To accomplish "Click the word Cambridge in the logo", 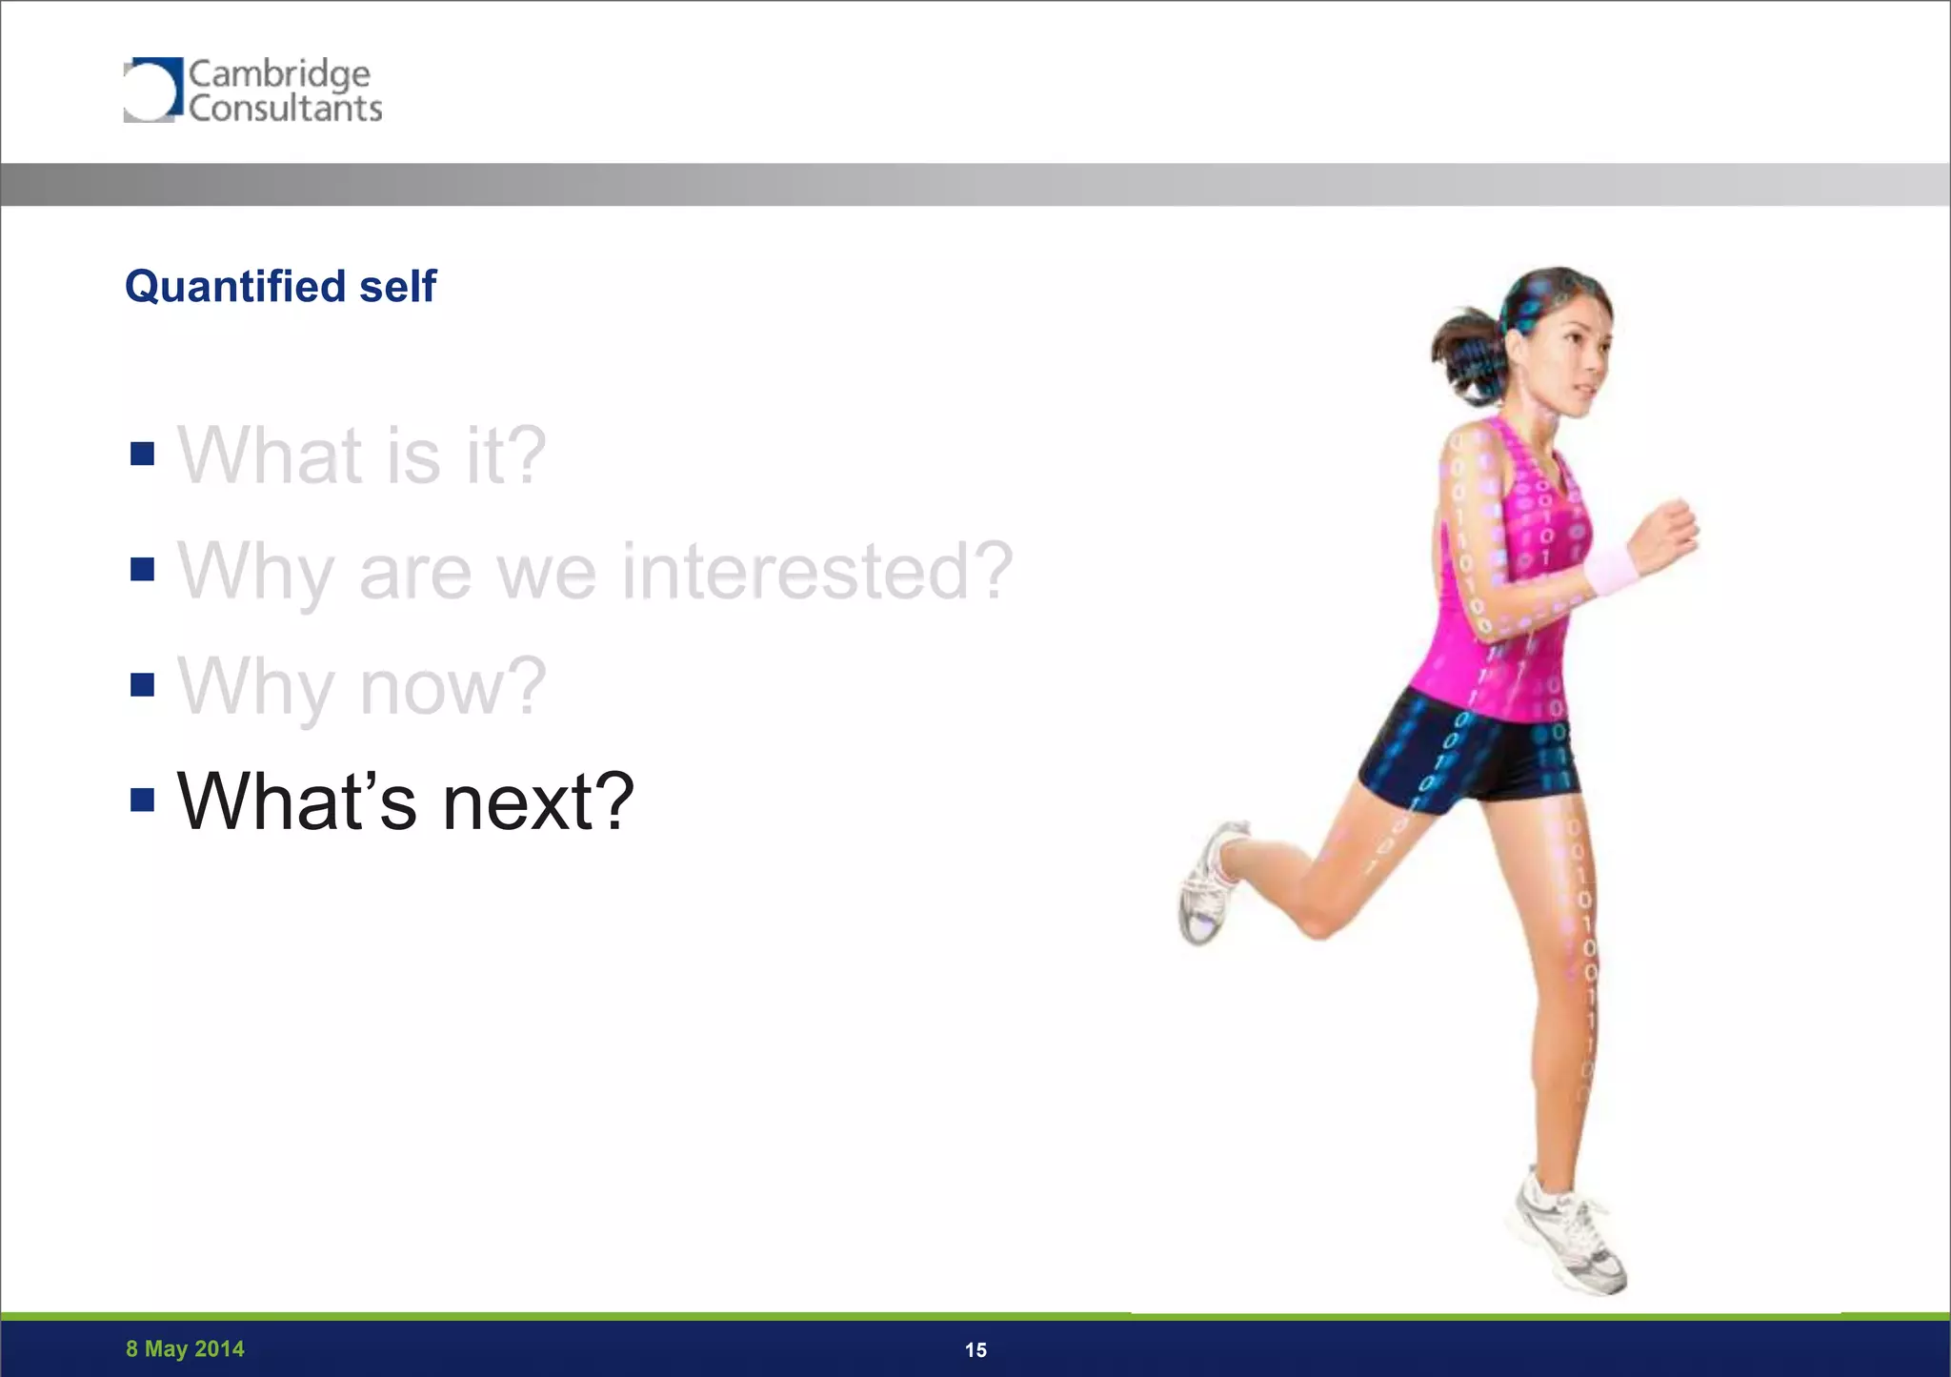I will (x=279, y=73).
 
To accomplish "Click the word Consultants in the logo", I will (x=285, y=109).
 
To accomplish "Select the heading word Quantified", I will (x=235, y=287).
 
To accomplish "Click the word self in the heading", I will (x=398, y=287).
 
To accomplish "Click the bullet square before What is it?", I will (x=142, y=454).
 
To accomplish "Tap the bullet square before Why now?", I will (x=142, y=684).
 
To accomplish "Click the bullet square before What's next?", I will (x=142, y=800).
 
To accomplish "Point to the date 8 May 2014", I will (x=185, y=1348).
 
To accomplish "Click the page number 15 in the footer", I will (x=975, y=1349).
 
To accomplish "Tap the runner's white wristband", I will (x=1610, y=569).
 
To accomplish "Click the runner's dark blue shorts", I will (x=1467, y=753).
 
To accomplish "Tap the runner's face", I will (x=1572, y=362).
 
